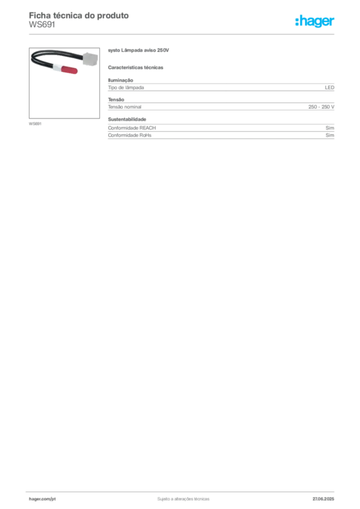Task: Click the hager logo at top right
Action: (x=315, y=21)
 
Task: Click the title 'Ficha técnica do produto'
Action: (x=79, y=15)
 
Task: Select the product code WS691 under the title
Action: (x=42, y=25)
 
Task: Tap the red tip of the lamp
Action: (x=69, y=70)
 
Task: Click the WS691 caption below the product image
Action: (x=35, y=124)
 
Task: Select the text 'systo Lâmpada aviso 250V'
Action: (x=138, y=50)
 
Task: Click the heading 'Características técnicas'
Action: (x=135, y=68)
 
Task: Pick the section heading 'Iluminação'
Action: (x=120, y=80)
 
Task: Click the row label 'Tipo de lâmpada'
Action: (x=126, y=87)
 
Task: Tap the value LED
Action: (x=330, y=87)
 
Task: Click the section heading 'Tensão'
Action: (x=116, y=99)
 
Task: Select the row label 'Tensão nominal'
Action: (x=125, y=107)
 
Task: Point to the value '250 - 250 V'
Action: (x=321, y=107)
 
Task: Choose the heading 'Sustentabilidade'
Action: (x=127, y=119)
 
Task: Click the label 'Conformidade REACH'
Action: (x=132, y=128)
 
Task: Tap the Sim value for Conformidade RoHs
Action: (x=330, y=135)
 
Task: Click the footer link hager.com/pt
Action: (x=42, y=499)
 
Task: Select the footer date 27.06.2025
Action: (x=323, y=499)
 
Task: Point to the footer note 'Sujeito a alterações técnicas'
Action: (x=183, y=499)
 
